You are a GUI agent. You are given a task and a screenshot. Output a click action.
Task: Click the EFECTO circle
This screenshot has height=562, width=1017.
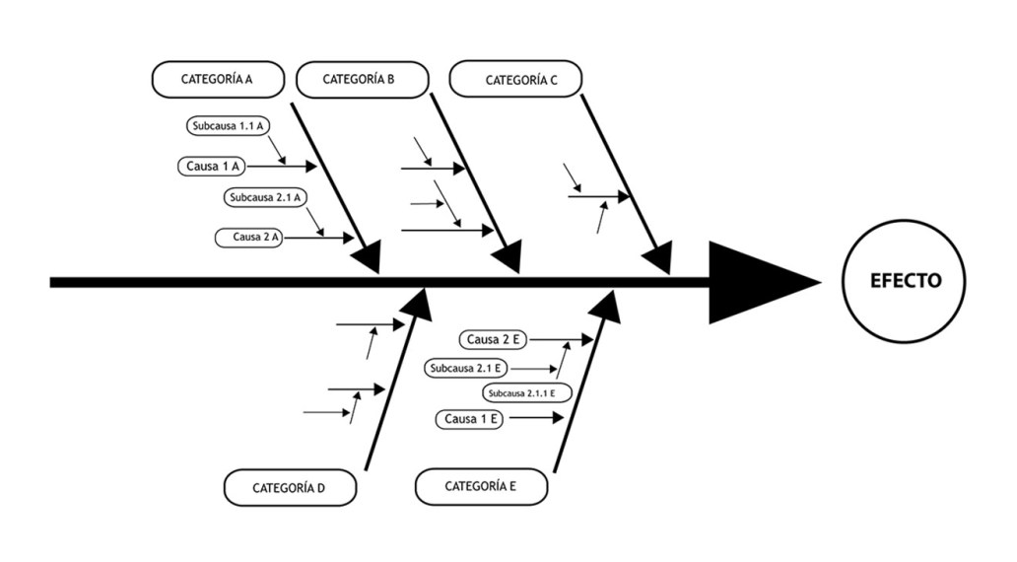905,281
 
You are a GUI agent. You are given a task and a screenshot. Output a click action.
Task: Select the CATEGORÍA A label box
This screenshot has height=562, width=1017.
218,80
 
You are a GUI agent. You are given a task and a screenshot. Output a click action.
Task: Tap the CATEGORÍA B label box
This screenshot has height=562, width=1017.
361,80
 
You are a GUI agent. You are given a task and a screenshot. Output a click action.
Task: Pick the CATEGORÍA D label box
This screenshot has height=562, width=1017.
289,488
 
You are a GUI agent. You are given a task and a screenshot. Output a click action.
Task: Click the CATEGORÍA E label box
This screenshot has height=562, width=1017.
481,486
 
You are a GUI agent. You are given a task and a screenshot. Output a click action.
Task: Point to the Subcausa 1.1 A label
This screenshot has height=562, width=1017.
230,126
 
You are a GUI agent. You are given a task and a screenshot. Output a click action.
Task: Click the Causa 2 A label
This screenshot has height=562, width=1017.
249,238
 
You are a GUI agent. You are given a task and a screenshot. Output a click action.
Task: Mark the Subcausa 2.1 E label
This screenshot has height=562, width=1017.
467,369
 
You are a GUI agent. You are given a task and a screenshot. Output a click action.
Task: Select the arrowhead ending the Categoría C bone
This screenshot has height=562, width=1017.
657,258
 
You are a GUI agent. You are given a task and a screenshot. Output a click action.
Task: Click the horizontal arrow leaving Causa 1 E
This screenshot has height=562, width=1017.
535,418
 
